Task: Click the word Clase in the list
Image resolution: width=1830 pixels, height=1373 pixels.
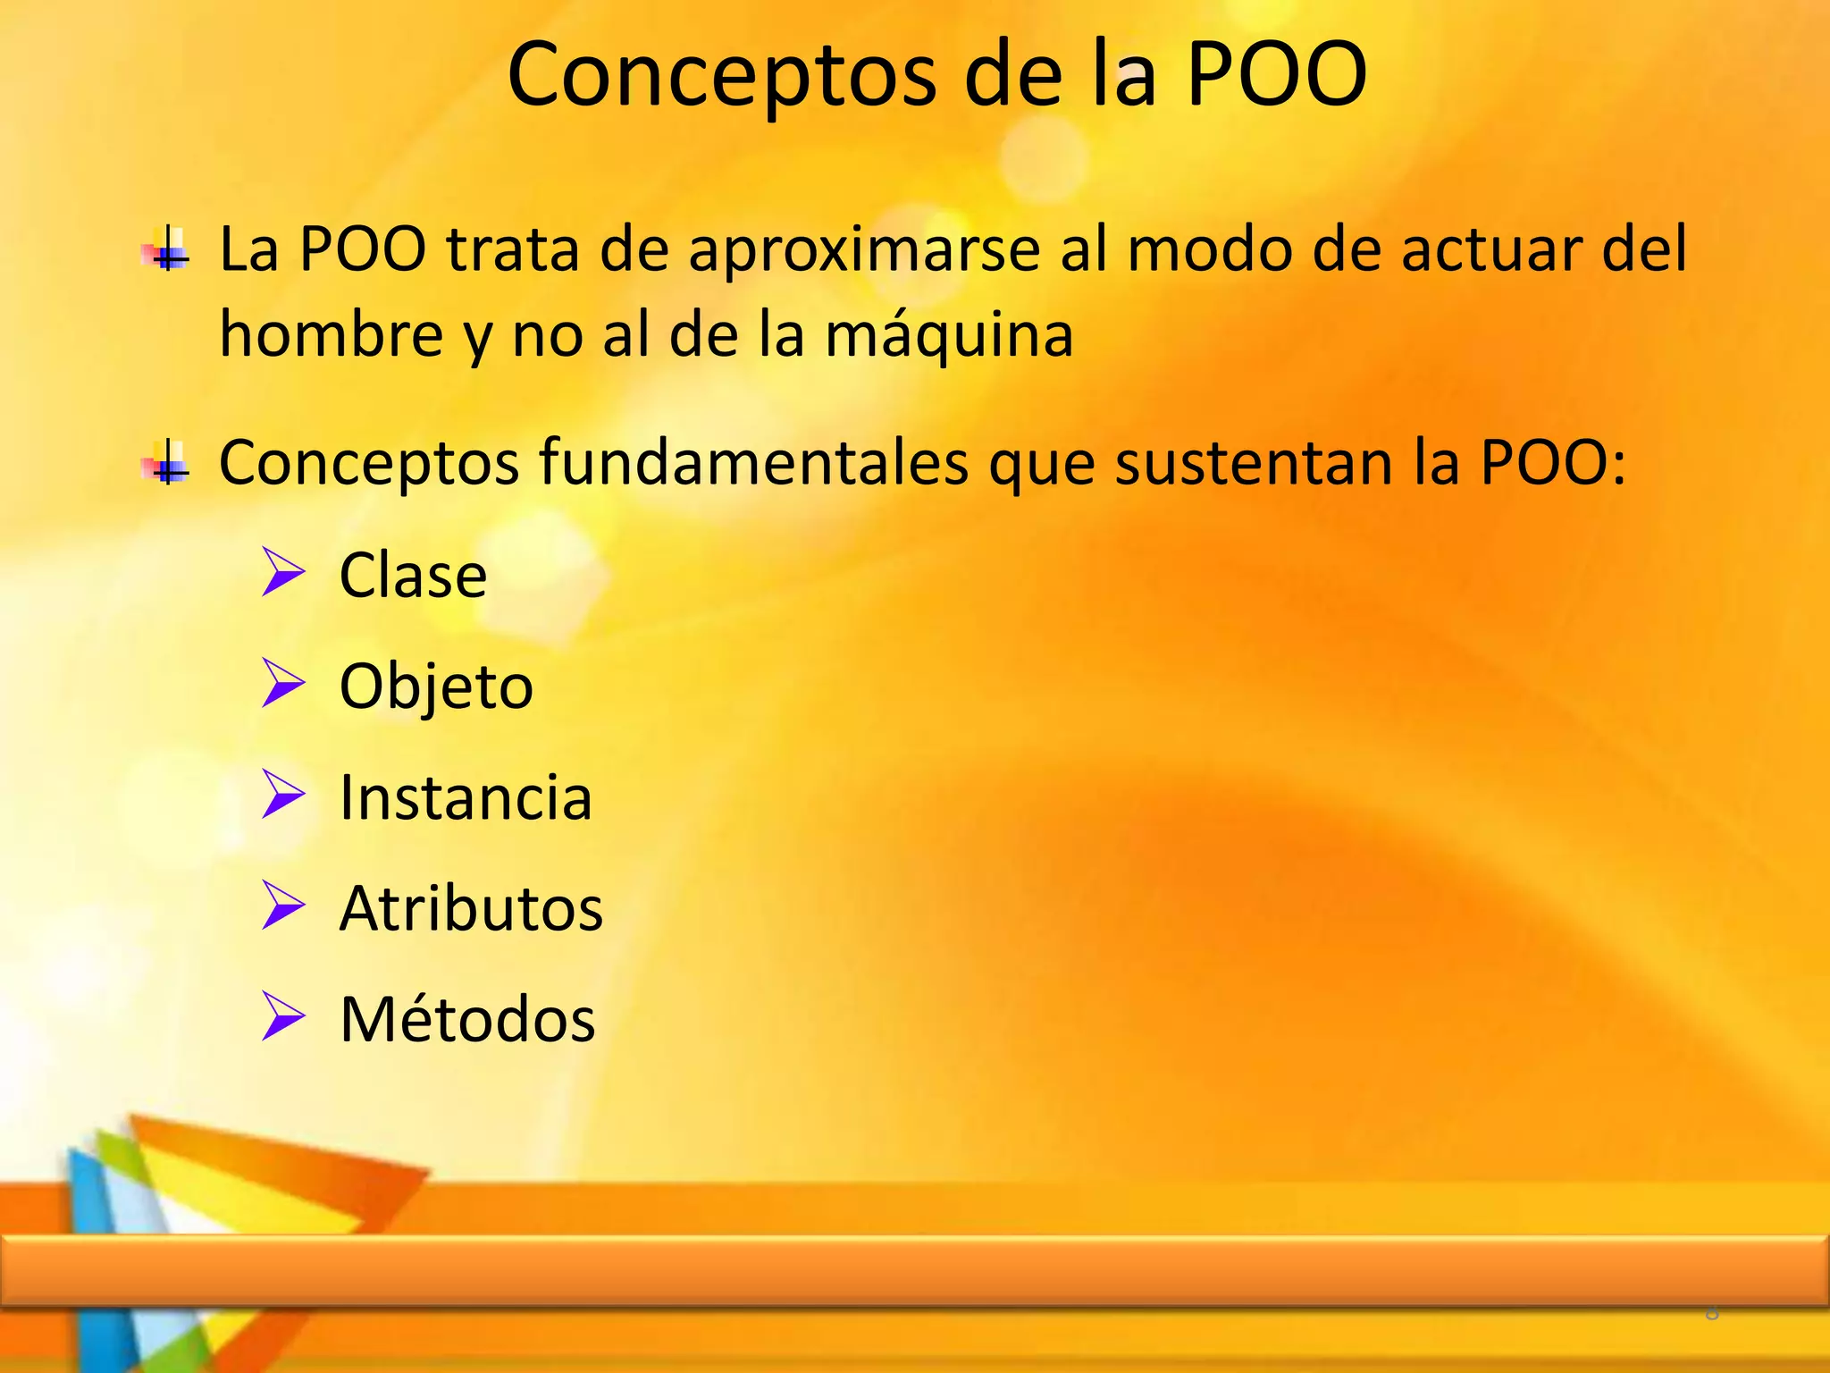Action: click(x=413, y=575)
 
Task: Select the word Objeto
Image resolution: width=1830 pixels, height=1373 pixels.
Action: click(x=436, y=686)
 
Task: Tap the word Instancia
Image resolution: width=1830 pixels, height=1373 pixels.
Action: click(x=466, y=797)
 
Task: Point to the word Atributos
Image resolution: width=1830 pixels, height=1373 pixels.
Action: click(x=471, y=908)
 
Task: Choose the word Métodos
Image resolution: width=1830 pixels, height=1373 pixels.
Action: click(x=467, y=1019)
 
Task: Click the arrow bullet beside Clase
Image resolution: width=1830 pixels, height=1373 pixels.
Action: click(x=284, y=573)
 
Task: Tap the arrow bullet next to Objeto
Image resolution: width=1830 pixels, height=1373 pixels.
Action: click(x=284, y=684)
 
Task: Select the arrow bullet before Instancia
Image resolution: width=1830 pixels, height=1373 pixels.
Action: click(x=284, y=795)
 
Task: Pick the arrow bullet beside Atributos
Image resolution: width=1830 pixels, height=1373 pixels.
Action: click(x=284, y=906)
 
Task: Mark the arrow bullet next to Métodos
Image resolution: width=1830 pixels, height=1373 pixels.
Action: click(x=284, y=1016)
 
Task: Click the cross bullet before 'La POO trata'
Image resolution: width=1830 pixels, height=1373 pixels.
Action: click(x=167, y=249)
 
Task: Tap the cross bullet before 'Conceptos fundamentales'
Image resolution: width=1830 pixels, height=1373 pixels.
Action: click(x=167, y=463)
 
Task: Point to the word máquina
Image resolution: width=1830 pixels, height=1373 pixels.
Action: click(x=948, y=335)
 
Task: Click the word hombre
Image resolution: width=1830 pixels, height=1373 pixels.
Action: click(x=332, y=335)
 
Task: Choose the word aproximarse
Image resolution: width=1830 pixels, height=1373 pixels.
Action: click(x=864, y=249)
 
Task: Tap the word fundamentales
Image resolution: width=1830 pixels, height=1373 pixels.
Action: click(x=754, y=463)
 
